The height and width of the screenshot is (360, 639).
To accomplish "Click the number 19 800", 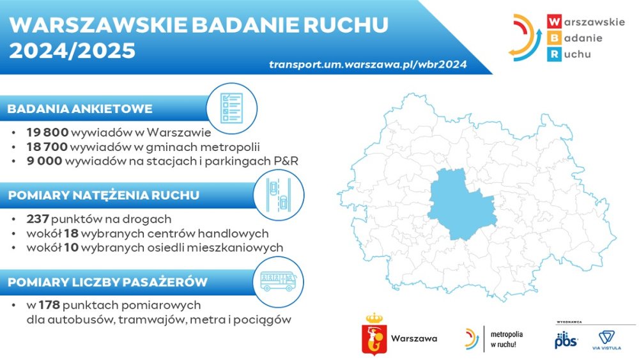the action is [x=47, y=132].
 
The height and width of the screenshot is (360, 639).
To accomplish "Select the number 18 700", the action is [x=47, y=147].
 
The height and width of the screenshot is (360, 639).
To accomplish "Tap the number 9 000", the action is [x=45, y=161].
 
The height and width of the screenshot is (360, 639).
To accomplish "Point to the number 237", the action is [x=38, y=219].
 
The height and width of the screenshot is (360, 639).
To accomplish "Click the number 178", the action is [x=49, y=305].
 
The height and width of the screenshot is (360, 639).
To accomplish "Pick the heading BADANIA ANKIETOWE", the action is [x=80, y=109].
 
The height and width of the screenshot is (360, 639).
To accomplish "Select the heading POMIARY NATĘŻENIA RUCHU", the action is [x=104, y=195].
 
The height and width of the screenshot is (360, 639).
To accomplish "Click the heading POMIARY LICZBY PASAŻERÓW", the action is [x=107, y=282].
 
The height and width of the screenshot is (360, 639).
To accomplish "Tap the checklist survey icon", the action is [x=231, y=109].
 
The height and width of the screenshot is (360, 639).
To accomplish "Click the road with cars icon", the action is [x=279, y=195].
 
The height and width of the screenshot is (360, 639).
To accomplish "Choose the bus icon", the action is [x=279, y=282].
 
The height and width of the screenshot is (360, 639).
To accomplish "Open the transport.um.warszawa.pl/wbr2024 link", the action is [x=368, y=65].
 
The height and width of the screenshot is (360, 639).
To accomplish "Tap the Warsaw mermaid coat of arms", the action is [x=374, y=334].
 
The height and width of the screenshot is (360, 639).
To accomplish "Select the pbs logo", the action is [x=566, y=340].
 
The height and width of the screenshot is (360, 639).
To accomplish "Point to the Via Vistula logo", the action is [x=606, y=340].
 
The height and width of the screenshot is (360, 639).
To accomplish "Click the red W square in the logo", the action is [x=554, y=22].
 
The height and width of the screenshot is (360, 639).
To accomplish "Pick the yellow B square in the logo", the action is [x=554, y=38].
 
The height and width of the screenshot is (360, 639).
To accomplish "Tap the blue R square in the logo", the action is [x=554, y=54].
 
